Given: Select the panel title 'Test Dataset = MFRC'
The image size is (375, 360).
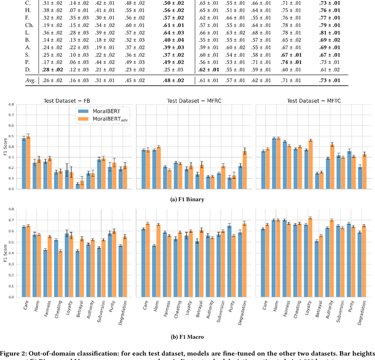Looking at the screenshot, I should click(193, 100).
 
